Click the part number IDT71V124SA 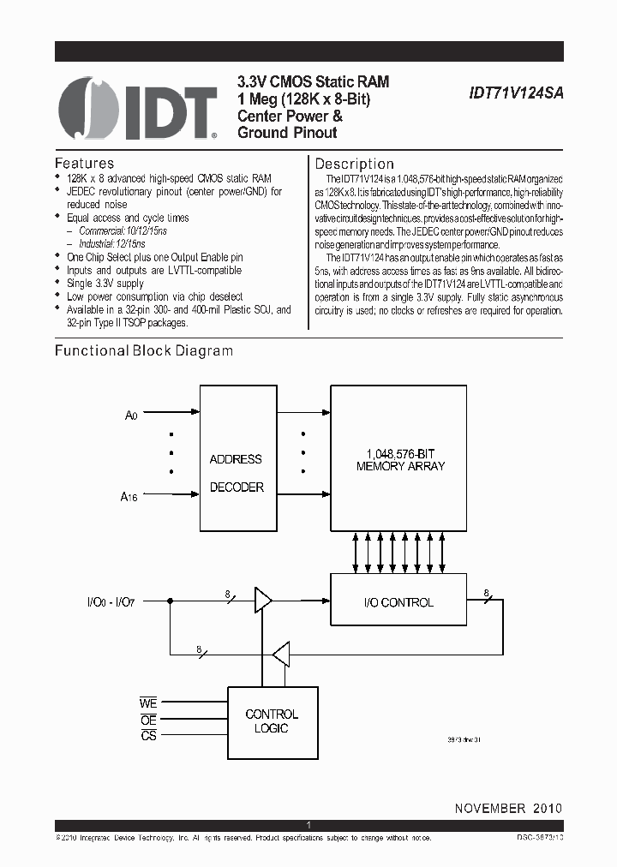tap(517, 98)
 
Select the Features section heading tap(84, 163)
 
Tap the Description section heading tap(355, 164)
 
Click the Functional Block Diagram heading tap(144, 350)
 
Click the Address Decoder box tap(236, 472)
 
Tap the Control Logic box tap(272, 721)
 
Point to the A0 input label tap(131, 416)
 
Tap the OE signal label tap(148, 721)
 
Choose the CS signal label tap(148, 736)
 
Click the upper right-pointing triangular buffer tap(262, 601)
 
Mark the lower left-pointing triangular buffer tap(279, 656)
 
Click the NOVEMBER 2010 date tap(508, 808)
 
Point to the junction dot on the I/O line tap(171, 601)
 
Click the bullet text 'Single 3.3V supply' tap(105, 283)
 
